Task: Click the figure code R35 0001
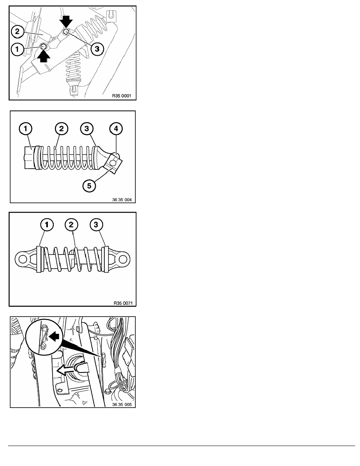pyautogui.click(x=122, y=96)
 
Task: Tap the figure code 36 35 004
pyautogui.click(x=122, y=200)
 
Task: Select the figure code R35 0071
pyautogui.click(x=123, y=303)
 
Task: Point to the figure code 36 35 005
pyautogui.click(x=122, y=404)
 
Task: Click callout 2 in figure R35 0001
pyautogui.click(x=17, y=31)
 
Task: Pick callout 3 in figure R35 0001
pyautogui.click(x=97, y=49)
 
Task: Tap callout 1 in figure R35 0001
pyautogui.click(x=17, y=49)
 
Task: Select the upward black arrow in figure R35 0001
pyautogui.click(x=44, y=56)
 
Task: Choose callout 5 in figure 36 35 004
pyautogui.click(x=89, y=186)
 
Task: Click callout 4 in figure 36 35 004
pyautogui.click(x=116, y=129)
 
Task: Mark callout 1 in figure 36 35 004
pyautogui.click(x=25, y=129)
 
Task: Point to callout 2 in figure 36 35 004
pyautogui.click(x=62, y=129)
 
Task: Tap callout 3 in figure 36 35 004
pyautogui.click(x=87, y=129)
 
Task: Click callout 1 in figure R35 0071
pyautogui.click(x=47, y=225)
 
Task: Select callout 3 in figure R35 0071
pyautogui.click(x=96, y=225)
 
